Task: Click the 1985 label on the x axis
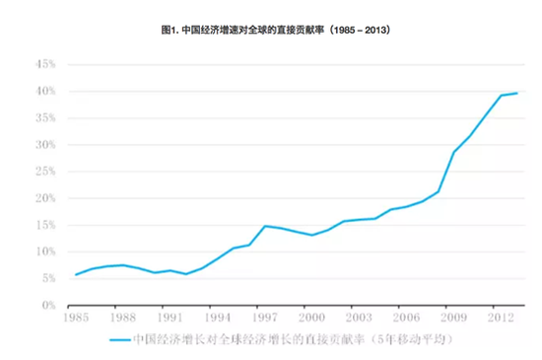(75, 320)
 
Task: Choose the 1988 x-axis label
(122, 320)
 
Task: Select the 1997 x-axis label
(265, 320)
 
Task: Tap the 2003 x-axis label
(360, 320)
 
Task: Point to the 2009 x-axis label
(454, 320)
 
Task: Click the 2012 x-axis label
(502, 320)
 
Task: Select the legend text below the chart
(296, 340)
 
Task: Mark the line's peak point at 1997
(264, 226)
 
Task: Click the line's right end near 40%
(516, 93)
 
